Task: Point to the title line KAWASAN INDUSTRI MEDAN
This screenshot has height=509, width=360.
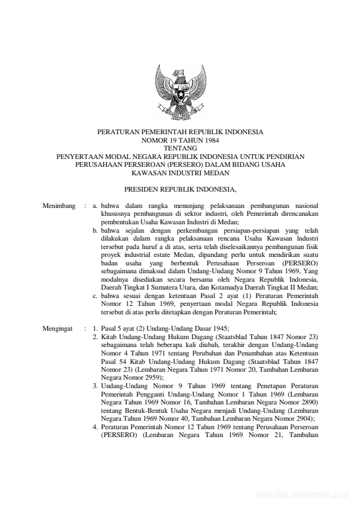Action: [180, 170]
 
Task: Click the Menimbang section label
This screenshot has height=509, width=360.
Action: [59, 206]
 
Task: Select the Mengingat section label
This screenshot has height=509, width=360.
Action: [58, 329]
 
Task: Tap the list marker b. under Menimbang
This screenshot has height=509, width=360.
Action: [96, 230]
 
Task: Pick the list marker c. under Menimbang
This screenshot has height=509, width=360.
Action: [96, 296]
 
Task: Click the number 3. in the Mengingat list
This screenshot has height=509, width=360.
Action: [96, 384]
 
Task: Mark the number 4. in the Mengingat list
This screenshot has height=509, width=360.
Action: [96, 427]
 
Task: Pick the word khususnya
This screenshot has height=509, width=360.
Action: [116, 214]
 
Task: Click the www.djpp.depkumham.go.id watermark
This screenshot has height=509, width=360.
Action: [303, 493]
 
